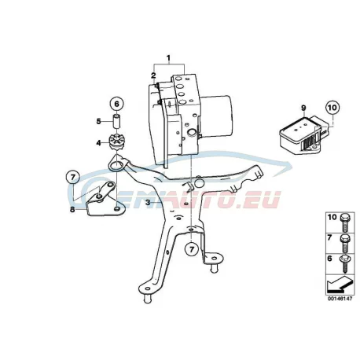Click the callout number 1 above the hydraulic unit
169,57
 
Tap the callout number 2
153,75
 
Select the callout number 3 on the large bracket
148,202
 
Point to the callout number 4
98,143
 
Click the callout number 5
98,121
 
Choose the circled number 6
116,104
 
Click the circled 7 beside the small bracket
73,178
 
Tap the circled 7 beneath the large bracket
192,249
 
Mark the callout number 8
72,209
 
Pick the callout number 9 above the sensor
303,108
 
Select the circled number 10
332,108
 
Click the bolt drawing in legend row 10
343,222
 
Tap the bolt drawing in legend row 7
343,243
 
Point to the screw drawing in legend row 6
343,264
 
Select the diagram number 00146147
340,299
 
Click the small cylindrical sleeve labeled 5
116,121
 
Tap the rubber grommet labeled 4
116,141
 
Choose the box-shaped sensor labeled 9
305,136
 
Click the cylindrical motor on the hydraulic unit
217,116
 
